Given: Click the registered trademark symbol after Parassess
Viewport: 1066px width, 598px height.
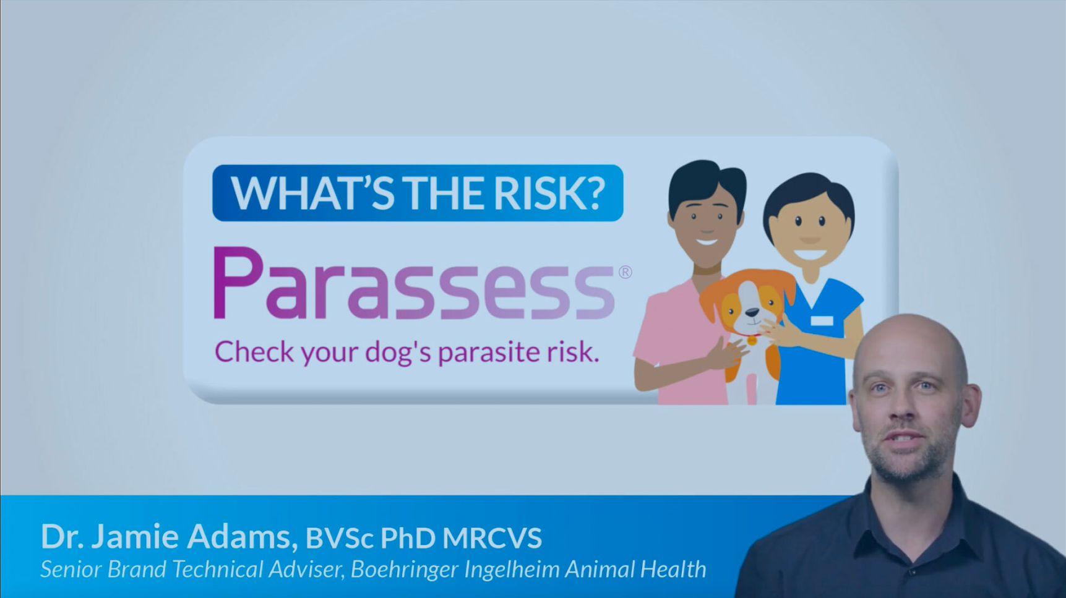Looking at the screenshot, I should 625,272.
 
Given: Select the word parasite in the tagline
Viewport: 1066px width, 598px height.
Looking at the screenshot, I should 489,352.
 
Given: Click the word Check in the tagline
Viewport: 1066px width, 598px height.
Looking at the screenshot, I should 254,351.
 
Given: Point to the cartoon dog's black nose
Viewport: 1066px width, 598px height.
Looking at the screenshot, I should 752,314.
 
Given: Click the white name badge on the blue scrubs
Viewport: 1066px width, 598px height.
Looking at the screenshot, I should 822,320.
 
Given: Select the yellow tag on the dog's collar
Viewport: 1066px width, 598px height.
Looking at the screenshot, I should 752,341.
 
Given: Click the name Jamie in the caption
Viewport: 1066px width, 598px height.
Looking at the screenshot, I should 135,536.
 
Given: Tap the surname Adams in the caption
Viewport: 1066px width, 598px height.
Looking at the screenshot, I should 239,536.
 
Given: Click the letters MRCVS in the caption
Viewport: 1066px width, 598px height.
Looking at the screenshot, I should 492,538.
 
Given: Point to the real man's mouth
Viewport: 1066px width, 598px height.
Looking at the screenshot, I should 904,438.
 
